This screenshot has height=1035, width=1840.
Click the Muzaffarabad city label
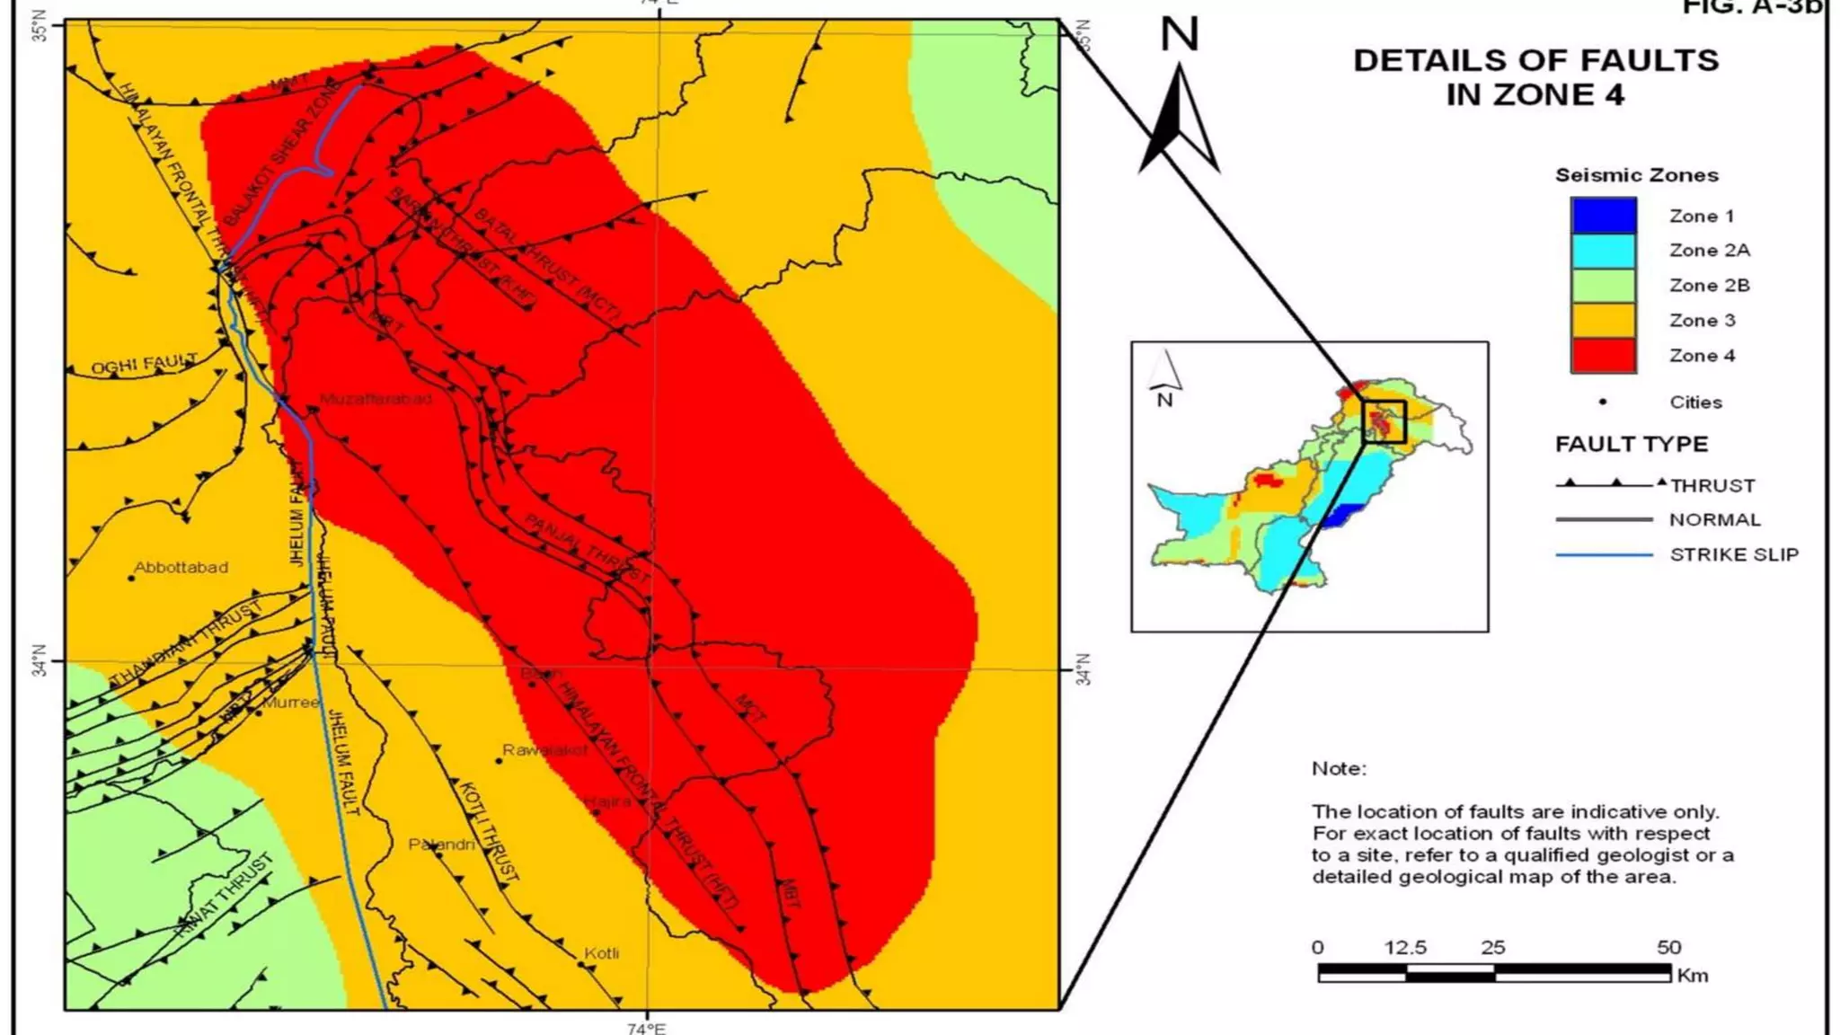pyautogui.click(x=376, y=399)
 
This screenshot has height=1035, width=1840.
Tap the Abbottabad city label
pyautogui.click(x=181, y=568)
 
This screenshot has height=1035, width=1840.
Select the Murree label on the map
pyautogui.click(x=291, y=703)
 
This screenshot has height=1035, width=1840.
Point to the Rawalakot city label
pyautogui.click(x=544, y=750)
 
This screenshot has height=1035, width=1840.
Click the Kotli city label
pyautogui.click(x=601, y=953)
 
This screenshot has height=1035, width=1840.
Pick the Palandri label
pyautogui.click(x=441, y=845)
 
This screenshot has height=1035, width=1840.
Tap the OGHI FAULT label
pyautogui.click(x=144, y=364)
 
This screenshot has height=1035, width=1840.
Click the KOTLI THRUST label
pyautogui.click(x=488, y=831)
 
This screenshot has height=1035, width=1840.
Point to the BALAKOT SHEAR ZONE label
pyautogui.click(x=280, y=153)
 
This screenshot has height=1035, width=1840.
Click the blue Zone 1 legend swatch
pyautogui.click(x=1603, y=216)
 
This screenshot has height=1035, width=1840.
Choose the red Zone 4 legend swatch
pyautogui.click(x=1603, y=356)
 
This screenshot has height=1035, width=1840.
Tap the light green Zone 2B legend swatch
pyautogui.click(x=1603, y=286)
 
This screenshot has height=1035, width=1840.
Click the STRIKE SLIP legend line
pyautogui.click(x=1604, y=555)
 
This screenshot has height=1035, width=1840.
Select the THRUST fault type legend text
pyautogui.click(x=1712, y=486)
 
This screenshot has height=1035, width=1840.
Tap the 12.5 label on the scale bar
pyautogui.click(x=1405, y=948)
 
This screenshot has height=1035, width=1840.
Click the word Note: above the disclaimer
pyautogui.click(x=1339, y=768)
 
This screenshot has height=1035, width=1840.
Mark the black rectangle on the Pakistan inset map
pyautogui.click(x=1384, y=421)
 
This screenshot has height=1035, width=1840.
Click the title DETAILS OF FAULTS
pyautogui.click(x=1535, y=61)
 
